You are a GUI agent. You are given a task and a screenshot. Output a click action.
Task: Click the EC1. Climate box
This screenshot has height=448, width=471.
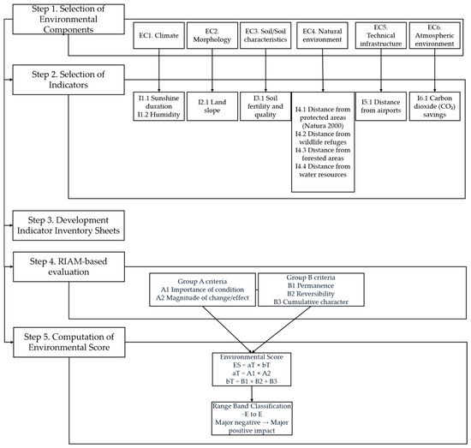(159, 35)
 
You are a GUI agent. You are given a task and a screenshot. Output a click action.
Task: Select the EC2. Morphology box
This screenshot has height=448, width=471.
(212, 35)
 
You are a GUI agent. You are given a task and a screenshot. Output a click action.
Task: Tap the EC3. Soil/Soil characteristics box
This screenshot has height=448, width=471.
(265, 35)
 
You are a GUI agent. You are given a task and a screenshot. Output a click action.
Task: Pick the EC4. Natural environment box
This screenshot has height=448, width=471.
(322, 35)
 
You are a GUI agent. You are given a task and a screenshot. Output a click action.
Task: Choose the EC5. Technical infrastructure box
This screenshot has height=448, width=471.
(381, 35)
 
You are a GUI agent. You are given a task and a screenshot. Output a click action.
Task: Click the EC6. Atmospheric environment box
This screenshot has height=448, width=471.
(435, 35)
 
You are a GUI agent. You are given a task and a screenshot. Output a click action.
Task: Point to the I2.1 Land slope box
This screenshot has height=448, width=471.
(212, 106)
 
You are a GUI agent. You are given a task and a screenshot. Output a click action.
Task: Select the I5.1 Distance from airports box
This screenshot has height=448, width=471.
(381, 106)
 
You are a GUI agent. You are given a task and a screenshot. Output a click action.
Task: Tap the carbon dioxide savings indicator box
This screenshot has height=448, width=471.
(435, 106)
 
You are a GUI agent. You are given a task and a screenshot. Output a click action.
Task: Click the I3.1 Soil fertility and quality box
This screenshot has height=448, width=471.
(265, 106)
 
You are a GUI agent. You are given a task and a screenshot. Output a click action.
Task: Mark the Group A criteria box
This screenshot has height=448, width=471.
(202, 290)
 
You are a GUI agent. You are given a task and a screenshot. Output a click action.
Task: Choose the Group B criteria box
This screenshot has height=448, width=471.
(311, 290)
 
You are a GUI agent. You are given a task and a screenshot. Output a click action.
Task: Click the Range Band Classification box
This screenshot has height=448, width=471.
(252, 418)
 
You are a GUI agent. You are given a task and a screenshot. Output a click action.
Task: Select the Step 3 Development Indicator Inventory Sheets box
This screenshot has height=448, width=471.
(69, 225)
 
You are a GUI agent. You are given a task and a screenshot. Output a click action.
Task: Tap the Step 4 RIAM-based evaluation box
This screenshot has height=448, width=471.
(69, 266)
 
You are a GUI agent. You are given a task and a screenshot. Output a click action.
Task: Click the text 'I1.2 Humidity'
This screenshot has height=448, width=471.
(158, 115)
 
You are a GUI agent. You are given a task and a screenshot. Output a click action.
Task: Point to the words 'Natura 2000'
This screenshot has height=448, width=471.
(323, 126)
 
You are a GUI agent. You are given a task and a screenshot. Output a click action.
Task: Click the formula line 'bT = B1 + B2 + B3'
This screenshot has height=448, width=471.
(252, 381)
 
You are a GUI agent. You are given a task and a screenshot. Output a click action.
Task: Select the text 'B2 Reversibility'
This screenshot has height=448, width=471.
(311, 294)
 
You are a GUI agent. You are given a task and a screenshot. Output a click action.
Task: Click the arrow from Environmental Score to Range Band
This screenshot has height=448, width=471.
(252, 394)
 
